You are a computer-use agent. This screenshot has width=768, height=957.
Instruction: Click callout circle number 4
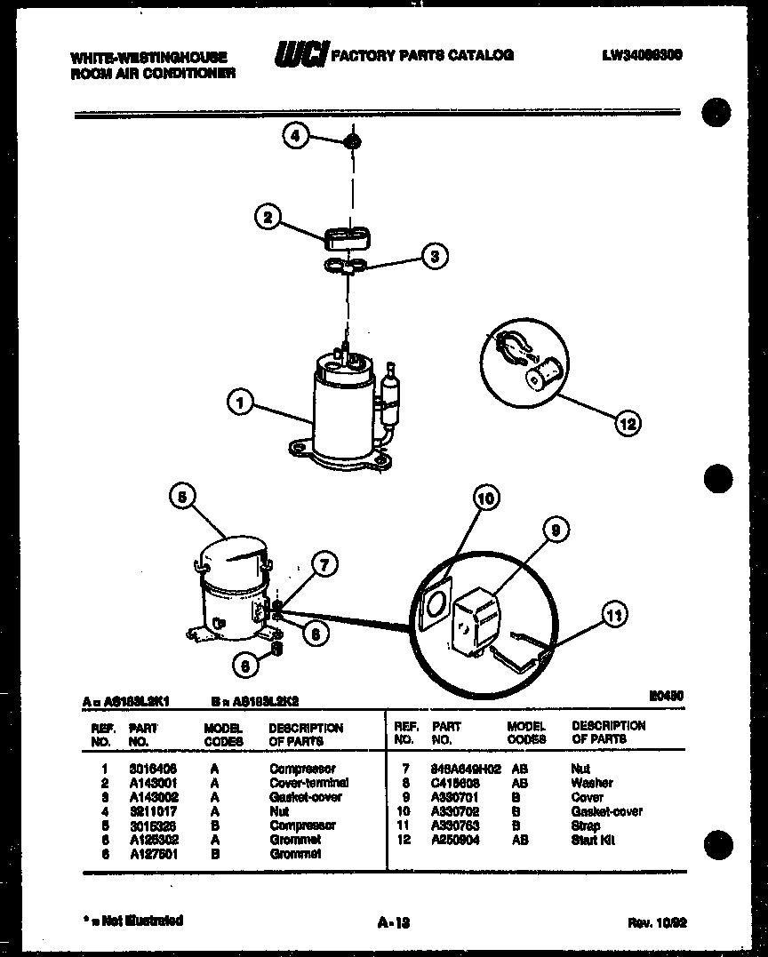[x=296, y=136]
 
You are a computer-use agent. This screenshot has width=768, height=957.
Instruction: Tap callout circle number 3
[x=434, y=258]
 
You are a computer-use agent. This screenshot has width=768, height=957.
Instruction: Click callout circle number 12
[x=628, y=424]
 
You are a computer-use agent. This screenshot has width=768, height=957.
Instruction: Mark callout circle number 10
[x=485, y=498]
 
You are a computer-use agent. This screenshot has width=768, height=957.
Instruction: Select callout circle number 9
[x=556, y=530]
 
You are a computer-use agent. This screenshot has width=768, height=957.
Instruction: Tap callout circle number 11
[x=614, y=614]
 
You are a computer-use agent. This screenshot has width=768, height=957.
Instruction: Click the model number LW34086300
[x=642, y=55]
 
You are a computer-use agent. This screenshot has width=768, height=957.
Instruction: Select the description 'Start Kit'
[x=593, y=840]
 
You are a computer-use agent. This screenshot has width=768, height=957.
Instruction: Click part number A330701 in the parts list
[x=455, y=797]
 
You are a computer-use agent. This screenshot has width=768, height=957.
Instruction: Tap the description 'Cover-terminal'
[x=308, y=783]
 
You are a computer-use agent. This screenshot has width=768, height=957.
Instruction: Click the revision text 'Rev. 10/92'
[x=657, y=922]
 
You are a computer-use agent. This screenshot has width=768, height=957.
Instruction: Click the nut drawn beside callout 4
[x=353, y=140]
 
